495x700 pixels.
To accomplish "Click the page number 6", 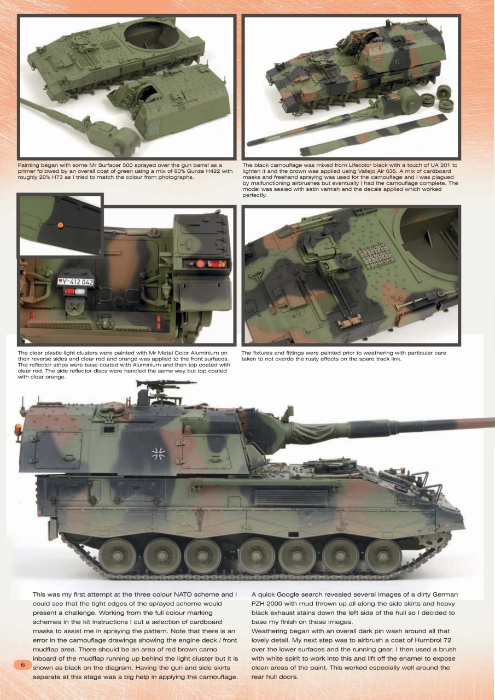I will click(23, 665).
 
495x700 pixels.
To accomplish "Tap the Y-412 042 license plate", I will click(75, 282).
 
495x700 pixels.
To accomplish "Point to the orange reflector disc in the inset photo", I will click(60, 225).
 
